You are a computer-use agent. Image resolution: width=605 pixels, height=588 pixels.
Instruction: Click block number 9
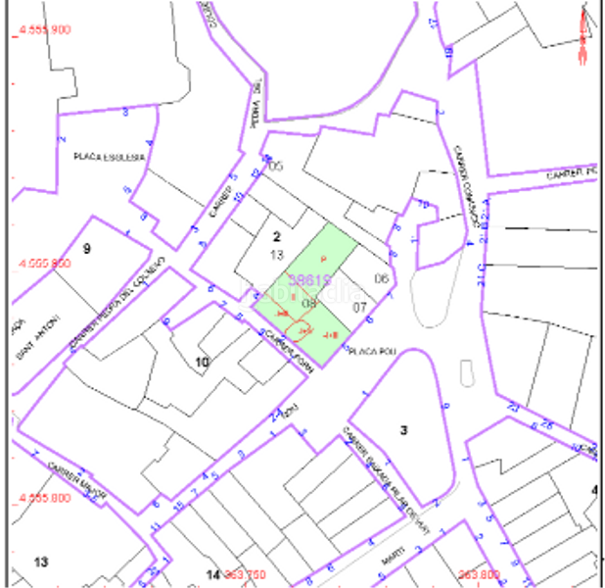coord(86,249)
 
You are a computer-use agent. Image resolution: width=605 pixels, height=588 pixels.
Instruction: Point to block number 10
coord(202,363)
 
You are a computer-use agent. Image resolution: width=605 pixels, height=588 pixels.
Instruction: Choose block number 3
coord(403,430)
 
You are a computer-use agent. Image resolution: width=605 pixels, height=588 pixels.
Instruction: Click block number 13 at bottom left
coord(40,563)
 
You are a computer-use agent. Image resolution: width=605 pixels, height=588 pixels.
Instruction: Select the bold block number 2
coord(276,236)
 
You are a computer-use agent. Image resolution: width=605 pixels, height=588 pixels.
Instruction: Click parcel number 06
coord(382,279)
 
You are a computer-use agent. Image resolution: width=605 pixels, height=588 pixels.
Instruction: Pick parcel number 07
coord(359,307)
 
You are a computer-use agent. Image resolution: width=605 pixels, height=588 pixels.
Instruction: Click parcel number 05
coord(275,166)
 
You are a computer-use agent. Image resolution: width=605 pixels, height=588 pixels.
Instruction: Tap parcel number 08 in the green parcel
coord(309,304)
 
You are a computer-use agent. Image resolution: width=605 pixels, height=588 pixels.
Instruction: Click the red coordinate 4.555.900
coord(45,30)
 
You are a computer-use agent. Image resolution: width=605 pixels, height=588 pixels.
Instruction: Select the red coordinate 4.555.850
coord(45,264)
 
